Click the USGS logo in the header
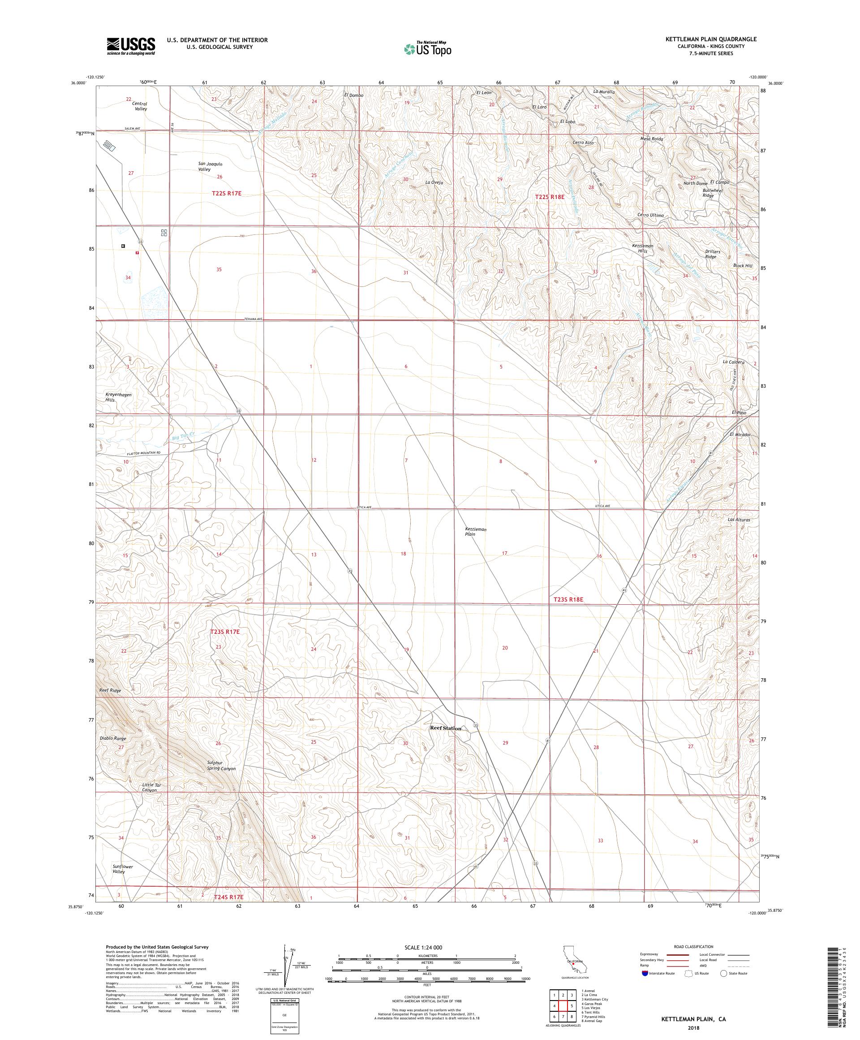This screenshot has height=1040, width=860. tap(131, 46)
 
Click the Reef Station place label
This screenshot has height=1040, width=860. tap(445, 728)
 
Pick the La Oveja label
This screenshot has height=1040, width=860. tap(434, 183)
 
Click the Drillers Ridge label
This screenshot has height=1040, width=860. tap(713, 254)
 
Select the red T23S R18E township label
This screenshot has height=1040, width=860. tap(568, 599)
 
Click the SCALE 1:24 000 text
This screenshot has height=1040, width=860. tap(426, 946)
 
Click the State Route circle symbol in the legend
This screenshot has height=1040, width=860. tap(724, 973)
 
